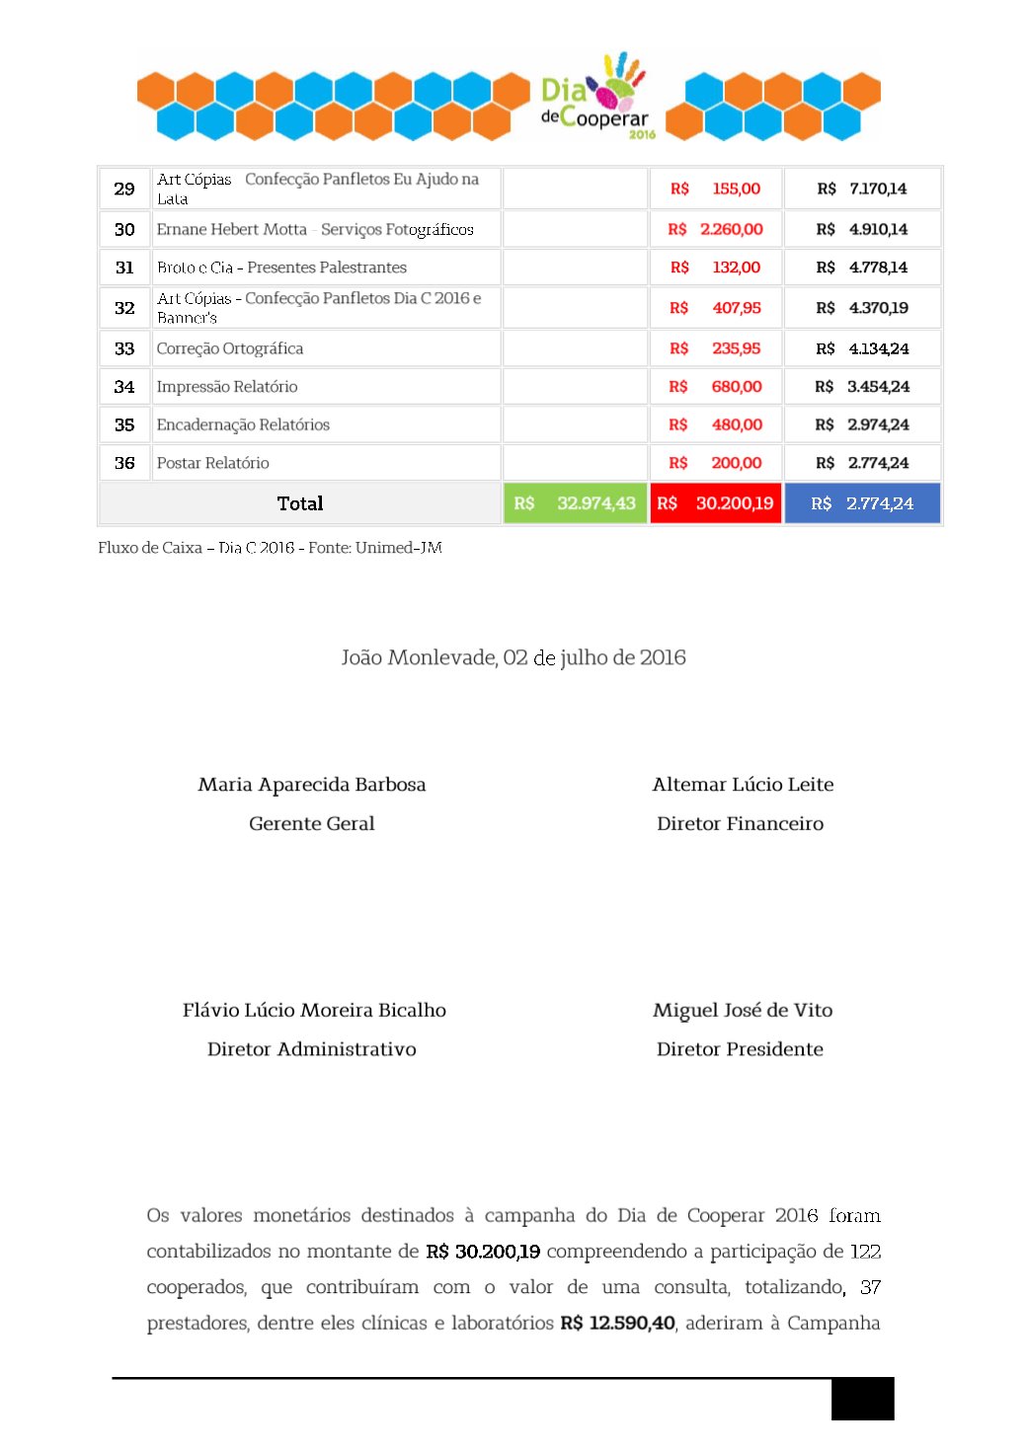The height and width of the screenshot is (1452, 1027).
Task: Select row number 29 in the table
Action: tap(124, 189)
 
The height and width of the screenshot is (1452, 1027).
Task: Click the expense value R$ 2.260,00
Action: tap(716, 229)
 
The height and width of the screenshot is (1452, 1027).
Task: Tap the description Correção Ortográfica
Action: tap(230, 348)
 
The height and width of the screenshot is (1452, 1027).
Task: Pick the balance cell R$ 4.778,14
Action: tap(862, 267)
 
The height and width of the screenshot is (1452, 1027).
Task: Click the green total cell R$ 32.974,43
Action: tap(575, 503)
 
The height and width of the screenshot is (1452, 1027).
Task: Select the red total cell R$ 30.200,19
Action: tap(716, 503)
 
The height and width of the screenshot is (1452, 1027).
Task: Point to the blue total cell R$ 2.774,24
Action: tap(862, 503)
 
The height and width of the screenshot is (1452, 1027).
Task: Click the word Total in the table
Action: tap(300, 503)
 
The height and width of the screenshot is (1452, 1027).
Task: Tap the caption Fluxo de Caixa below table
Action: tap(270, 548)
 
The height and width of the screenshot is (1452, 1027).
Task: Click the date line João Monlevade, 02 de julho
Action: tap(513, 657)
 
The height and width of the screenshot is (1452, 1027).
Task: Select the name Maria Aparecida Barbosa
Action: tap(312, 785)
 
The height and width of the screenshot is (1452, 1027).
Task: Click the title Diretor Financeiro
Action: tap(740, 823)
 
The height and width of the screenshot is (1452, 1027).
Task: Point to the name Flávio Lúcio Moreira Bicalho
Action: tap(314, 1010)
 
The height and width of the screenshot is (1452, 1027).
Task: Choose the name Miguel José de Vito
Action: tap(743, 1010)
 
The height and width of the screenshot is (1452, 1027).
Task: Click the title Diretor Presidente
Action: tap(740, 1049)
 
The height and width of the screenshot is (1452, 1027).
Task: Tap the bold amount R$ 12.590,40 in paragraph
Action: tap(617, 1323)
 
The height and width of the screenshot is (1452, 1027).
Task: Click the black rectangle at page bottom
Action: tap(862, 1399)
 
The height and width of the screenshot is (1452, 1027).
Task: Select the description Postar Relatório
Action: tap(213, 463)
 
